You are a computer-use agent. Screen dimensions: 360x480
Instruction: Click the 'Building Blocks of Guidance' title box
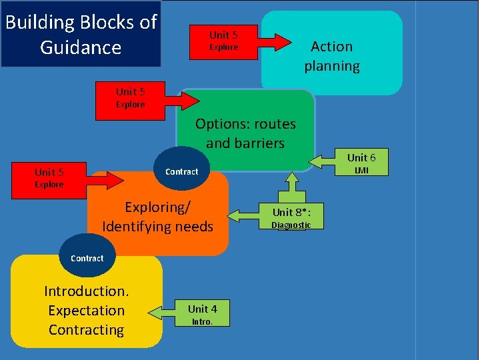pyautogui.click(x=81, y=34)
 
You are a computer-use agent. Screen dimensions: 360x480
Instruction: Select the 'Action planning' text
pyautogui.click(x=331, y=56)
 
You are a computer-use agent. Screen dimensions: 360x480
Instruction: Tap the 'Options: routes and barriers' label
pyautogui.click(x=245, y=133)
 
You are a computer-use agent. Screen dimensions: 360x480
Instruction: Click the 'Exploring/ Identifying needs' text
pyautogui.click(x=157, y=217)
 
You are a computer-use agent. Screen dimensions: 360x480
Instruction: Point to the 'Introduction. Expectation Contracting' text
pyautogui.click(x=86, y=310)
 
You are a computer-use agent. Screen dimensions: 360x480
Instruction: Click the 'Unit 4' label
pyautogui.click(x=202, y=309)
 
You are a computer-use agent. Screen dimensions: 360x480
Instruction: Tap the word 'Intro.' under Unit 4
pyautogui.click(x=202, y=321)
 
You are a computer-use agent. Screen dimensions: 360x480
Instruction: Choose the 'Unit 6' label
pyautogui.click(x=361, y=157)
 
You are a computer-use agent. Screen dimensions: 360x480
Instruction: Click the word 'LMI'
pyautogui.click(x=361, y=171)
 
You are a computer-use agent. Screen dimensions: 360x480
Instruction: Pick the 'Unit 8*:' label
pyautogui.click(x=291, y=212)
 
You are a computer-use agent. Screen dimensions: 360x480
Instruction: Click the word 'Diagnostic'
pyautogui.click(x=291, y=225)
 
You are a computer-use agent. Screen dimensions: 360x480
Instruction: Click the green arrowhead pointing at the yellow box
pyautogui.click(x=156, y=312)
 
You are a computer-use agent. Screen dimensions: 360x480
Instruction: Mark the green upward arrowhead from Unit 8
pyautogui.click(x=292, y=179)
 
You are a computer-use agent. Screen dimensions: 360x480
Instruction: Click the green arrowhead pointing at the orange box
pyautogui.click(x=235, y=215)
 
